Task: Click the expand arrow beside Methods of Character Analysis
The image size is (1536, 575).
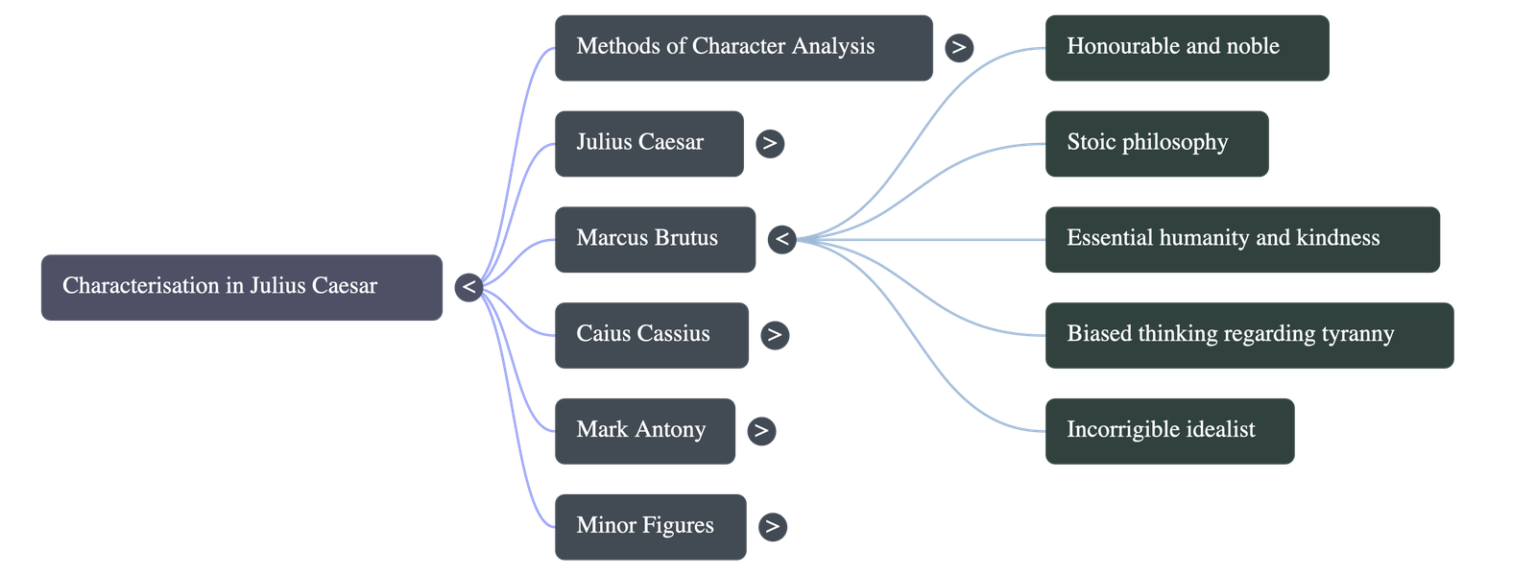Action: [x=958, y=47]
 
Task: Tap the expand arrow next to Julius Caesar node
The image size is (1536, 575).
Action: [x=769, y=143]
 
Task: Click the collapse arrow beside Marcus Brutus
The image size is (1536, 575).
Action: [x=782, y=239]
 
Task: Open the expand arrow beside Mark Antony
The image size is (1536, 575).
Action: [x=761, y=430]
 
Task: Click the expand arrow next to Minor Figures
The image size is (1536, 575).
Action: [x=772, y=526]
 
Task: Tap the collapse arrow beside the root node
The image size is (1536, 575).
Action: [x=468, y=286]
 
